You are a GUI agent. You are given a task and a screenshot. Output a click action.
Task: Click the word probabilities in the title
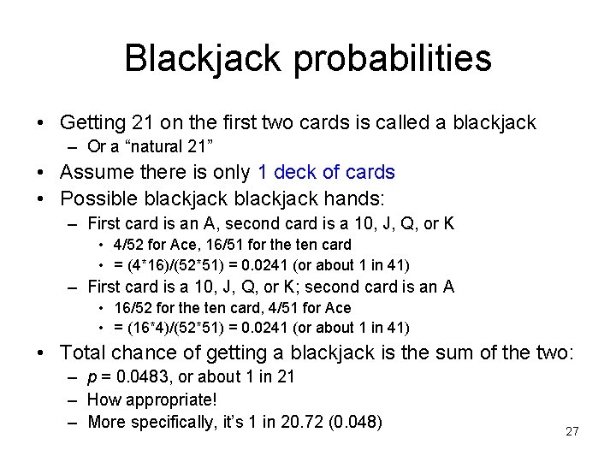click(406, 58)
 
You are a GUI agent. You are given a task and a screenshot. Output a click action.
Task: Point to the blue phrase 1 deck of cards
click(326, 172)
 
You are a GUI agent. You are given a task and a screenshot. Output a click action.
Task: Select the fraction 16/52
click(128, 308)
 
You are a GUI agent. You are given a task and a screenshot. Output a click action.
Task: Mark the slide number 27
click(572, 431)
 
